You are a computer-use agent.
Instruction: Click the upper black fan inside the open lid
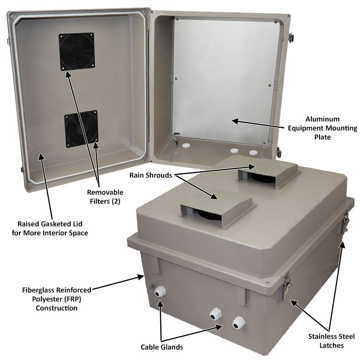click(x=76, y=51)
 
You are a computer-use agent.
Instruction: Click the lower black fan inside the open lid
click(x=81, y=129)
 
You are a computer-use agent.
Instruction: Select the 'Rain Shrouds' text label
click(x=150, y=175)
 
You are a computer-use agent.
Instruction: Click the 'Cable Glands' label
click(x=162, y=346)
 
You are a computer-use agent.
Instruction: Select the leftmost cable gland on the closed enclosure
click(x=159, y=292)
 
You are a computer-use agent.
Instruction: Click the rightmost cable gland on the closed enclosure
click(x=238, y=323)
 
